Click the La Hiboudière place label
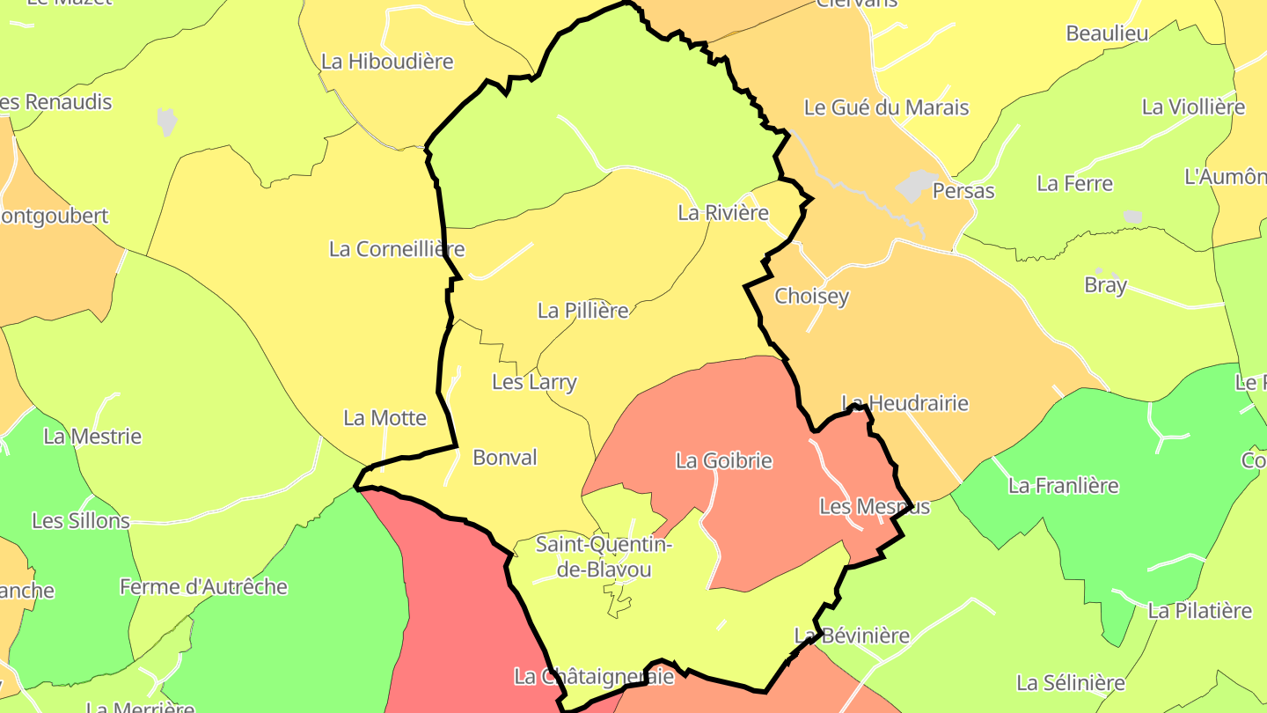click(387, 62)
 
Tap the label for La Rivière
click(723, 212)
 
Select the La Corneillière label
click(397, 249)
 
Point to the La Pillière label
click(583, 311)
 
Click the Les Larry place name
click(534, 382)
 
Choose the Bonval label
click(505, 458)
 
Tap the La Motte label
click(384, 418)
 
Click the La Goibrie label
click(723, 460)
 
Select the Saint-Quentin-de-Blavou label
click(604, 557)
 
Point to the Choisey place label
click(811, 296)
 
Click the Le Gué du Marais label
click(886, 107)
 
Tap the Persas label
click(963, 191)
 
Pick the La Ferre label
click(1074, 184)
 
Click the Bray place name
click(1105, 285)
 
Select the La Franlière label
click(1063, 486)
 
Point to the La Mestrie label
click(92, 437)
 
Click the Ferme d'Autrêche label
click(203, 587)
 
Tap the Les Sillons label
click(81, 521)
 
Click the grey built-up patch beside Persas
click(917, 185)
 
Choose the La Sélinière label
click(1070, 683)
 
